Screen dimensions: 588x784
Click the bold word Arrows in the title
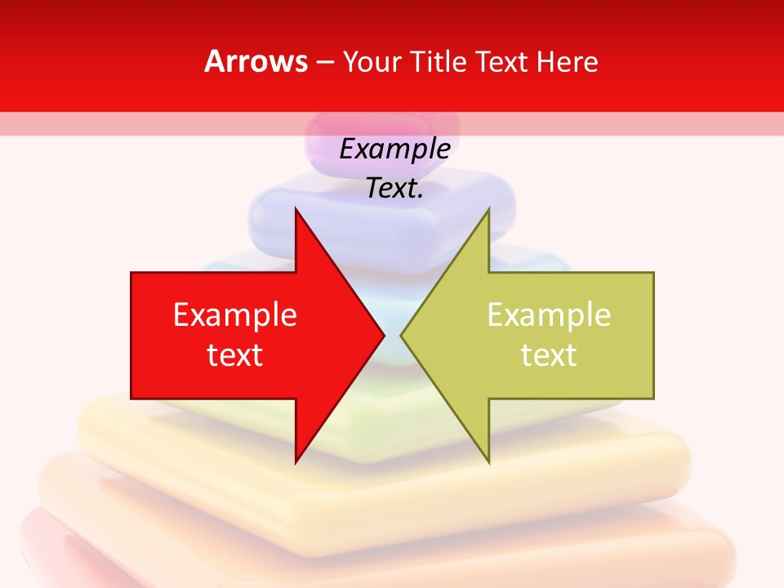click(256, 61)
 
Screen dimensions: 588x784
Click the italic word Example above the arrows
click(395, 149)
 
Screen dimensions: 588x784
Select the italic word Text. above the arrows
click(395, 189)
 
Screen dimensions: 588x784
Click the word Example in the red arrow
click(235, 315)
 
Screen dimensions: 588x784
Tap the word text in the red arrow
click(235, 355)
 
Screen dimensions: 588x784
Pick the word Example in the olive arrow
click(549, 315)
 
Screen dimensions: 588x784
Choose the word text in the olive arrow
click(549, 355)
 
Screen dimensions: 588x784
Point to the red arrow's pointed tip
click(383, 335)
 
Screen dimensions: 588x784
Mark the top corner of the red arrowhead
click(296, 209)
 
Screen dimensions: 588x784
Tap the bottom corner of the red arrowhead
click(296, 462)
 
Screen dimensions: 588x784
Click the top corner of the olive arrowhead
click(488, 209)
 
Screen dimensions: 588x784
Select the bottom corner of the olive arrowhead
click(488, 462)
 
